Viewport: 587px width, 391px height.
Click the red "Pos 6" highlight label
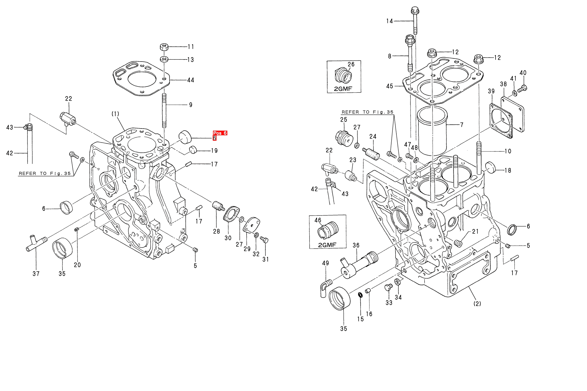tap(220, 133)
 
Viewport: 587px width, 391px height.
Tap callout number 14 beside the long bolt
tap(389, 21)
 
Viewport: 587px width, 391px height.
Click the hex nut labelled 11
tap(164, 47)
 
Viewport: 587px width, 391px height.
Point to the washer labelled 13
tap(164, 59)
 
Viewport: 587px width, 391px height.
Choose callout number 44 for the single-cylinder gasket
tap(191, 80)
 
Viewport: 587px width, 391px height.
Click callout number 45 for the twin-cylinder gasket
tap(390, 86)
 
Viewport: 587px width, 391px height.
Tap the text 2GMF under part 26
tap(343, 89)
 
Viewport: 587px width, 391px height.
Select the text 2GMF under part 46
tap(327, 245)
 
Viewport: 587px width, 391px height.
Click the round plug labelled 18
tap(490, 168)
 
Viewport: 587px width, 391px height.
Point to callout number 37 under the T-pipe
tap(36, 274)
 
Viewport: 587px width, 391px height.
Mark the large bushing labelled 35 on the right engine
tap(339, 298)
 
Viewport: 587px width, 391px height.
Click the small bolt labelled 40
tap(522, 88)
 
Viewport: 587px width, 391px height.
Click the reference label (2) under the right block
tap(477, 304)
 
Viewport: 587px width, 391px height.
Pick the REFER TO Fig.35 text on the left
tap(45, 173)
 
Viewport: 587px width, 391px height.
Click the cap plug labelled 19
tap(193, 149)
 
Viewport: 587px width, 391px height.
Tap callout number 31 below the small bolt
tap(266, 259)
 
